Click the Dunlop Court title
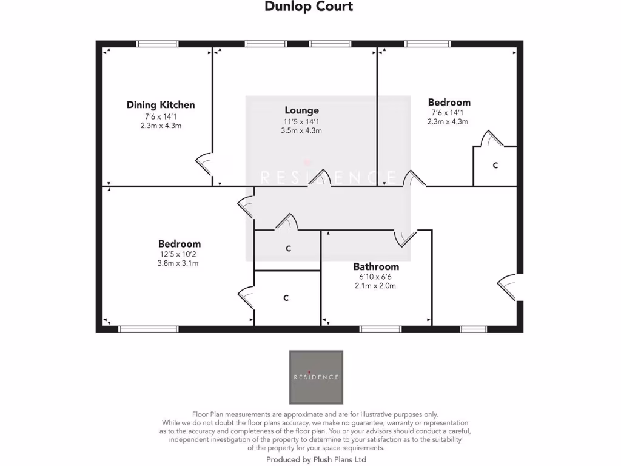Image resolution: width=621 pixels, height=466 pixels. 309,7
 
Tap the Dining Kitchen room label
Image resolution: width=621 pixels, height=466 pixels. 161,105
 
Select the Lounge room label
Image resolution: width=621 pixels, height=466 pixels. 301,110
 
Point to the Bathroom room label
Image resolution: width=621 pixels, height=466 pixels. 376,266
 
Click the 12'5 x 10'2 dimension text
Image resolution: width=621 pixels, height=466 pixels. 179,254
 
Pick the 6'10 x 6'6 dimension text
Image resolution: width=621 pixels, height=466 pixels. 375,277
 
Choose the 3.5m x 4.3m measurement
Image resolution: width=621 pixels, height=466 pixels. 301,130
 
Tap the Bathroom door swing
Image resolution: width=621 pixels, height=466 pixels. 403,237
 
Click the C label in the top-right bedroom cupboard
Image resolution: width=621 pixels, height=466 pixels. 495,165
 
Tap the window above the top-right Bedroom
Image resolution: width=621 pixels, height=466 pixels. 428,44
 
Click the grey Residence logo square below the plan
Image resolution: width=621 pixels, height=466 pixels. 316,377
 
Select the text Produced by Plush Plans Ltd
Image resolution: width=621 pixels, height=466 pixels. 316,460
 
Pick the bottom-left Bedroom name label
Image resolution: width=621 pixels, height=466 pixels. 179,244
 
